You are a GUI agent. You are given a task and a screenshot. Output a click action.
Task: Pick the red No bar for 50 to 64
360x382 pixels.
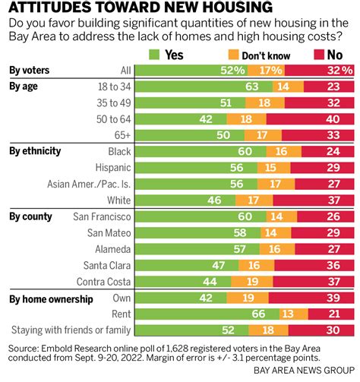tap(311, 119)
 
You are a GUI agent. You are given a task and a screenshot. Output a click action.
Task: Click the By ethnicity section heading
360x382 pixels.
tap(35, 150)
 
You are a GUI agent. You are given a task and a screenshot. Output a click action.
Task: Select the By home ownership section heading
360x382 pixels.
tap(49, 297)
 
